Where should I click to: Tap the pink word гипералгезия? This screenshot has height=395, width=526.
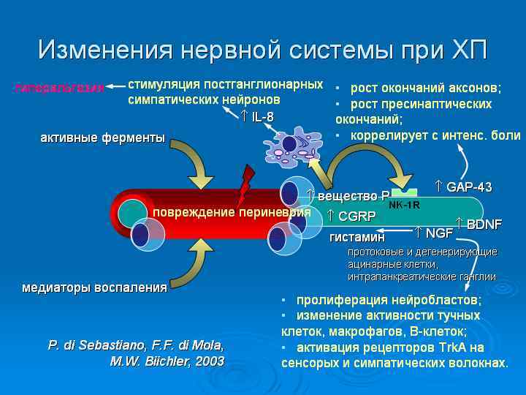[58, 88]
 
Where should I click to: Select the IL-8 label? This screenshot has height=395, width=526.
[262, 117]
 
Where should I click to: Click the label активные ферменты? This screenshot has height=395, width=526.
[102, 138]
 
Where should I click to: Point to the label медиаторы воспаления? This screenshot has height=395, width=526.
[95, 287]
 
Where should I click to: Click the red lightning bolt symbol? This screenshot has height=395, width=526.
[245, 186]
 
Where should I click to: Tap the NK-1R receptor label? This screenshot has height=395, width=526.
[404, 205]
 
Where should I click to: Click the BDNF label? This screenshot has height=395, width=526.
[483, 224]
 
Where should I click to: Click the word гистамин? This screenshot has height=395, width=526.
[357, 237]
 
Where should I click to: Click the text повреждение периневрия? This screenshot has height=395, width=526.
[231, 212]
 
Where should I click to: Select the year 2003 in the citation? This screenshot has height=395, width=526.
[210, 361]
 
